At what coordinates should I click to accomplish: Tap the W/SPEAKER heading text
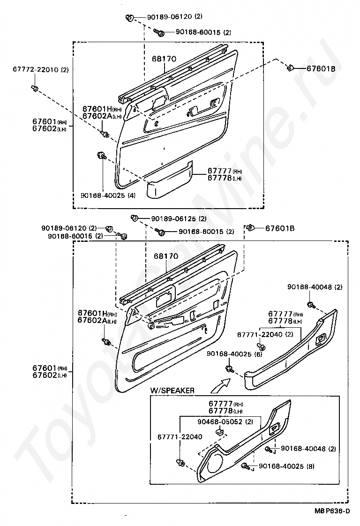click(172, 390)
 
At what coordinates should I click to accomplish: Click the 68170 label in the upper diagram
click(164, 60)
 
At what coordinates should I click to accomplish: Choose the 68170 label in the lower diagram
click(166, 256)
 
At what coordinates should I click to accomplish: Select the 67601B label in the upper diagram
click(321, 68)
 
